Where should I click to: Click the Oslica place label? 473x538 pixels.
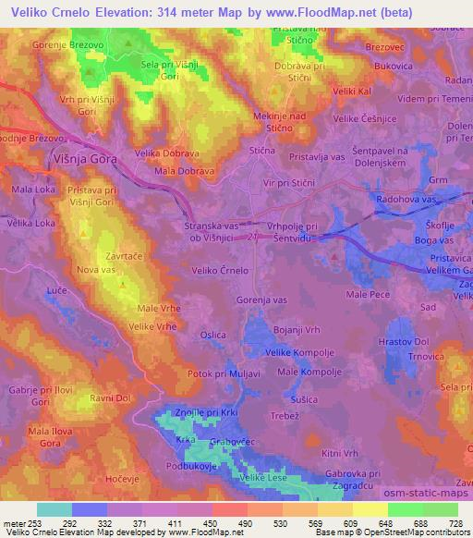point(213,336)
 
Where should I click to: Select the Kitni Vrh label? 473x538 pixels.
point(339,453)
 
